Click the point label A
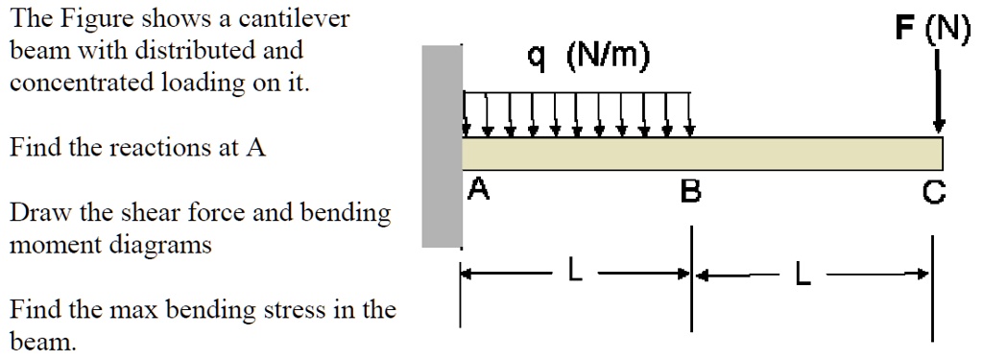click(x=479, y=192)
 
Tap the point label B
click(x=689, y=193)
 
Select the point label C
click(x=933, y=193)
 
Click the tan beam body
click(x=701, y=154)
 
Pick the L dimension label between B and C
click(x=803, y=276)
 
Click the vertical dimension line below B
click(x=690, y=288)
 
